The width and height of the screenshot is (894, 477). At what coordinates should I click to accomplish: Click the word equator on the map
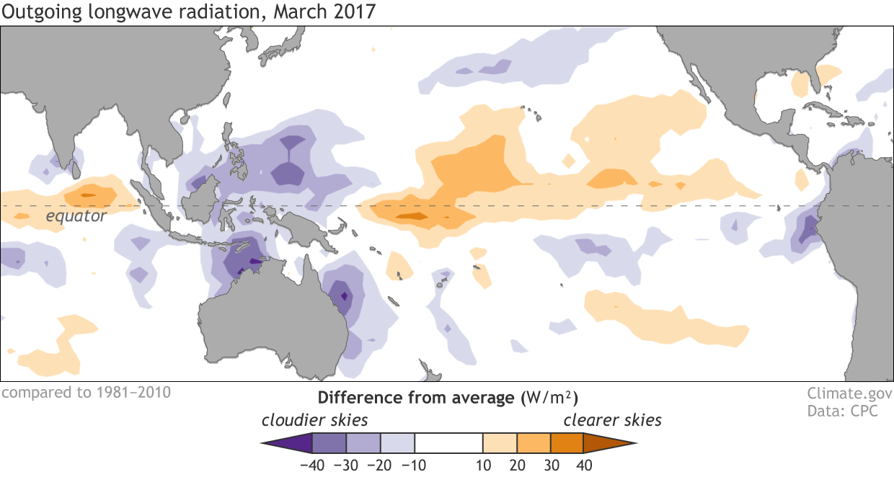76,216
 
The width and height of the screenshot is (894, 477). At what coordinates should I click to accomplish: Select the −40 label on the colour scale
312,465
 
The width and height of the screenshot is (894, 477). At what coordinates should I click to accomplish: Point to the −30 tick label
347,465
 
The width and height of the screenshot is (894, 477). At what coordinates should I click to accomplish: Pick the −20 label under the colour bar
381,465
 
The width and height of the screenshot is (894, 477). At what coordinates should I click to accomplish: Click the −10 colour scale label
415,465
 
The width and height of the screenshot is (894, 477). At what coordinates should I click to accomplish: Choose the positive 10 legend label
482,465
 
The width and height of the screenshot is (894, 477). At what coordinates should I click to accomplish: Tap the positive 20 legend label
516,465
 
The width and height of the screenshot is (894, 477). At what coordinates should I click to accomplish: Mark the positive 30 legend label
550,465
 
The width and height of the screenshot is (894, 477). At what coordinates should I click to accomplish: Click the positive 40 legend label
584,465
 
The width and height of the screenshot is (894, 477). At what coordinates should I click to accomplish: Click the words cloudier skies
314,420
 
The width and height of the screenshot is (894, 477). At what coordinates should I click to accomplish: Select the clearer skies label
612,420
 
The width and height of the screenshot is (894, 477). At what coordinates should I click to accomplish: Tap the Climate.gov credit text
849,394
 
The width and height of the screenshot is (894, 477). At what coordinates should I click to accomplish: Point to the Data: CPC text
849,410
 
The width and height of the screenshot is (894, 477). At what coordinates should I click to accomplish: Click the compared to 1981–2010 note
86,393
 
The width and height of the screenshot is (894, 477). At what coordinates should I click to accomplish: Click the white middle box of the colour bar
448,442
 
